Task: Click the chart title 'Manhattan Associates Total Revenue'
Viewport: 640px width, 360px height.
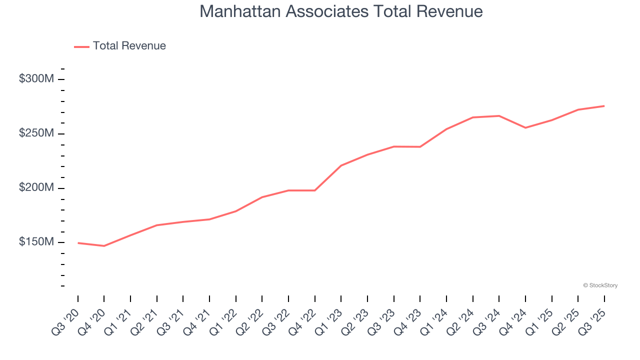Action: coord(341,11)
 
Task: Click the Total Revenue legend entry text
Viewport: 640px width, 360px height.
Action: coord(129,46)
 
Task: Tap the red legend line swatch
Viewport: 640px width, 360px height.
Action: coord(81,46)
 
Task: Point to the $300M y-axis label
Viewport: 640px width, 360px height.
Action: coord(36,79)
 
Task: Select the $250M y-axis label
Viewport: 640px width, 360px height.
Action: coord(36,133)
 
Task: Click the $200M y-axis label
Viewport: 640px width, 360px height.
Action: coord(36,187)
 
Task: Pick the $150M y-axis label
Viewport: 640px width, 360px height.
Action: coord(36,242)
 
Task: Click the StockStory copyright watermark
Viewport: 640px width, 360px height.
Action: coord(600,285)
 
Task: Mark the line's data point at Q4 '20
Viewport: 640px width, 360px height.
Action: coord(104,246)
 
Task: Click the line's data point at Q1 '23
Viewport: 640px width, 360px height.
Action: coord(341,165)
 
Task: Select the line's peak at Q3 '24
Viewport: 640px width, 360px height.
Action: coord(499,116)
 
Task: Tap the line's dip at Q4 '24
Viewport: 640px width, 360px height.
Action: coord(525,127)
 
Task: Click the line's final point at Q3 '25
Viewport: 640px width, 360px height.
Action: coord(604,106)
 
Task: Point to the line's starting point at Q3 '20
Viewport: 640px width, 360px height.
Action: coord(78,243)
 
